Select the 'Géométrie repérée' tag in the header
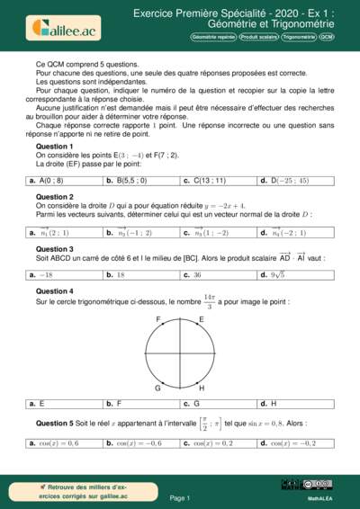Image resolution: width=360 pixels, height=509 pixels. pos(213,39)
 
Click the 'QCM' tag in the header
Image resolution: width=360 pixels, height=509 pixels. pos(326,39)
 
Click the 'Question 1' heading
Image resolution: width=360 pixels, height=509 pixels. pos(54,146)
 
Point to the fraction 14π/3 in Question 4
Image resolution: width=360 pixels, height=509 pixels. pos(209,301)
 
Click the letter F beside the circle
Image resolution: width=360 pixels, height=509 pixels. pos(159,320)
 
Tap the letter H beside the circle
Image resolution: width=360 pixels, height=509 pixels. pos(201,388)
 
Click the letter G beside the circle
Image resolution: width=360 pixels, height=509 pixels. pos(158,388)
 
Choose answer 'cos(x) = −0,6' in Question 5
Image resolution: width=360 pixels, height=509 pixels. pos(137,442)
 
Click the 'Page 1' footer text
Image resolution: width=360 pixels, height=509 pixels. pos(179,497)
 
